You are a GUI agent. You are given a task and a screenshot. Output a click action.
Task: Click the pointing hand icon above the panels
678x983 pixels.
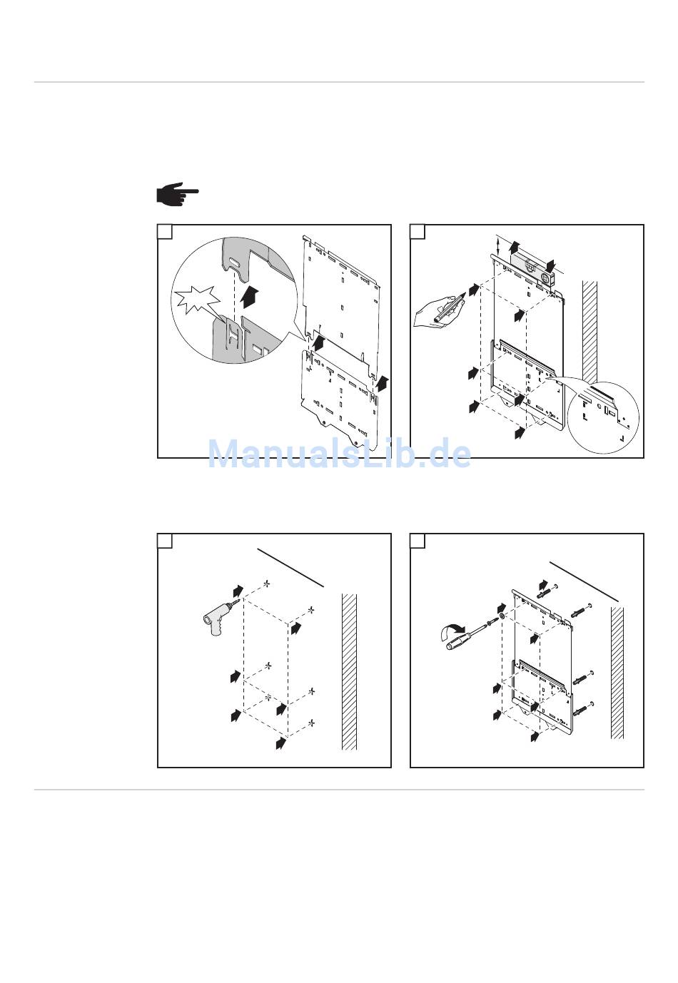click(x=177, y=194)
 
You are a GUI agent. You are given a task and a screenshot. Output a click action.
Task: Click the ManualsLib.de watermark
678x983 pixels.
click(x=339, y=454)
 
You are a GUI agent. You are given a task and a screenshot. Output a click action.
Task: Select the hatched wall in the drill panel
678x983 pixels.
click(x=349, y=671)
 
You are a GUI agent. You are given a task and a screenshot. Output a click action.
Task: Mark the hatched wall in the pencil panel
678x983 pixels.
click(x=590, y=332)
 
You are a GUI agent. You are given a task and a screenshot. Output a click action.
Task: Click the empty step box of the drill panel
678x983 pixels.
click(x=165, y=541)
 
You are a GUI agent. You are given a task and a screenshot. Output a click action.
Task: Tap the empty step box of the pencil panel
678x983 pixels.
click(x=418, y=232)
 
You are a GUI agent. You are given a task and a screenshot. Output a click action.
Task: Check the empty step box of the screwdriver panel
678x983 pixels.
click(x=418, y=541)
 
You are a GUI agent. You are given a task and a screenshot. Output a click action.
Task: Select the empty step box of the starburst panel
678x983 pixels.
click(x=165, y=232)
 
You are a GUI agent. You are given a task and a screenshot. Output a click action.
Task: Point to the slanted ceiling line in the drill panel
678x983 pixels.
click(x=290, y=568)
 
